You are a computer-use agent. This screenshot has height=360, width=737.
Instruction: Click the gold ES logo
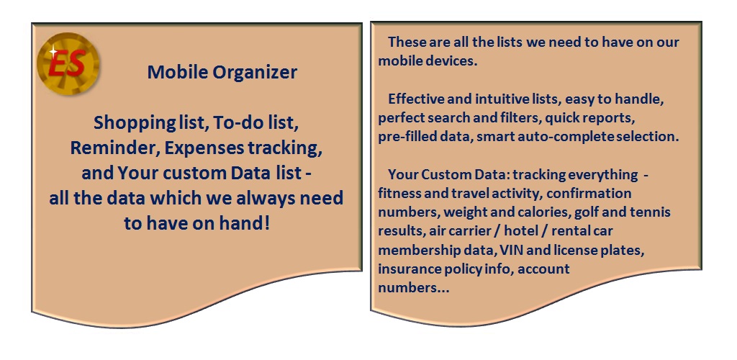coord(68,64)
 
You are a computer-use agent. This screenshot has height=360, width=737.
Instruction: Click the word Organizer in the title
coord(255,73)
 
